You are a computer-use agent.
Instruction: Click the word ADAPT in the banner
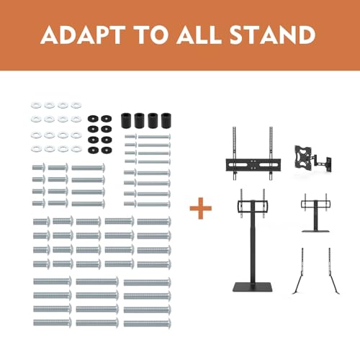pyautogui.click(x=83, y=35)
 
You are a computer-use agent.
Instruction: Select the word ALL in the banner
pyautogui.click(x=199, y=35)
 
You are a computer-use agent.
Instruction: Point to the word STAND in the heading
pyautogui.click(x=272, y=35)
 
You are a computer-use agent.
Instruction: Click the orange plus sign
pyautogui.click(x=201, y=208)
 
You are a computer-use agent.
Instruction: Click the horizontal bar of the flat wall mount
pyautogui.click(x=253, y=165)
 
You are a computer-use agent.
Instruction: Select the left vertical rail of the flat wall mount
pyautogui.click(x=235, y=153)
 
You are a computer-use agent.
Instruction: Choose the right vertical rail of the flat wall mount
pyautogui.click(x=271, y=153)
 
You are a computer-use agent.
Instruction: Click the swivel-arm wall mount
pyautogui.click(x=312, y=158)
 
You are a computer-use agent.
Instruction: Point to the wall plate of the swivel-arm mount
pyautogui.click(x=328, y=164)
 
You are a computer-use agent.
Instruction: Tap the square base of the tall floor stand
pyautogui.click(x=253, y=287)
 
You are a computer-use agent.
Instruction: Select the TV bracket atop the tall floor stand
pyautogui.click(x=253, y=206)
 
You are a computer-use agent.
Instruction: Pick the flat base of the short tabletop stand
pyautogui.click(x=315, y=231)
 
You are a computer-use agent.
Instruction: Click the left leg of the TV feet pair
pyautogui.click(x=300, y=271)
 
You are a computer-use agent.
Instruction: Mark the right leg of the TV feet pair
pyautogui.click(x=333, y=271)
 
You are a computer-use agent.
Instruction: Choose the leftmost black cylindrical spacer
pyautogui.click(x=126, y=120)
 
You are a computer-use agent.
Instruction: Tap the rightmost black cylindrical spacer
pyautogui.click(x=166, y=120)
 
